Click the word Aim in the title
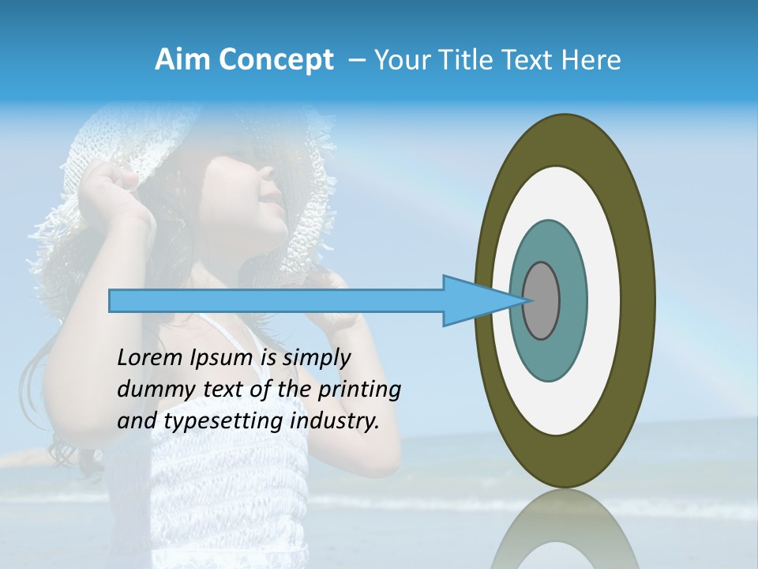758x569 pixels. click(182, 60)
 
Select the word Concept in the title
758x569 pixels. click(275, 61)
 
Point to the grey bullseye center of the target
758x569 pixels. click(542, 300)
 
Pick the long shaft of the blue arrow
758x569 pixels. click(276, 301)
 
